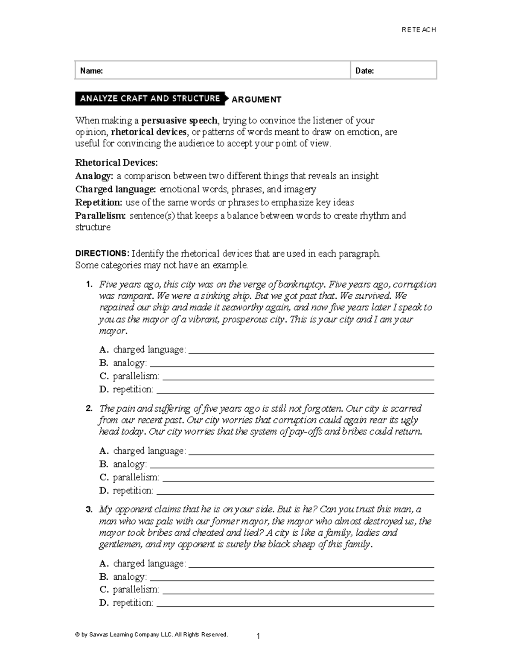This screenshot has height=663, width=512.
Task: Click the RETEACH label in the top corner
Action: tap(419, 29)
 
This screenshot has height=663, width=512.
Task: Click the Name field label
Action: tap(91, 71)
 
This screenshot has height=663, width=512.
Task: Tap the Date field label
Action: tap(364, 71)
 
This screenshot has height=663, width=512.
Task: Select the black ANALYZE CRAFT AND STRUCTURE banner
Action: tap(150, 99)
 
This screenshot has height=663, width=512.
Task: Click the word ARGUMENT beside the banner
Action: tap(256, 99)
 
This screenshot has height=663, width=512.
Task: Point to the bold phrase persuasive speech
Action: tap(179, 120)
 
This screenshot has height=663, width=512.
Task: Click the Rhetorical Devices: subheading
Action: tap(116, 163)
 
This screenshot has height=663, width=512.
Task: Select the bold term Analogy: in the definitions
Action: tap(94, 176)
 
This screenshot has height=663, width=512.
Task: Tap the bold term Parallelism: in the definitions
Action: tap(101, 216)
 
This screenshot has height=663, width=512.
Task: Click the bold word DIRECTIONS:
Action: tap(102, 254)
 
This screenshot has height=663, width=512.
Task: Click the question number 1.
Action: tap(89, 285)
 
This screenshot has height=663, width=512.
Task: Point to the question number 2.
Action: tap(89, 409)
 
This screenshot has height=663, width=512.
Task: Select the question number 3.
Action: tap(89, 509)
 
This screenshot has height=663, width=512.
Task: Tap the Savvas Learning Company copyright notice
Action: tap(151, 634)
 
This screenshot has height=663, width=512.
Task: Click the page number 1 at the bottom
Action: tap(258, 637)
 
